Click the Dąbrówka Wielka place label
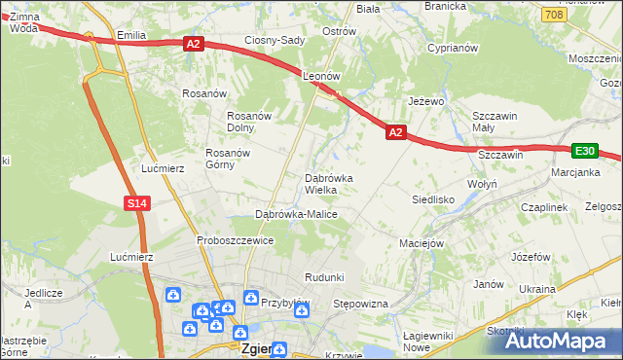click(x=335, y=184)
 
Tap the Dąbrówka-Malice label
click(x=295, y=213)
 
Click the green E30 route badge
click(x=584, y=150)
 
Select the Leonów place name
click(x=320, y=75)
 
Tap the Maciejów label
click(x=421, y=242)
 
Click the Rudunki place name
click(x=324, y=277)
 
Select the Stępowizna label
click(x=361, y=305)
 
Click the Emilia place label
click(x=130, y=35)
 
